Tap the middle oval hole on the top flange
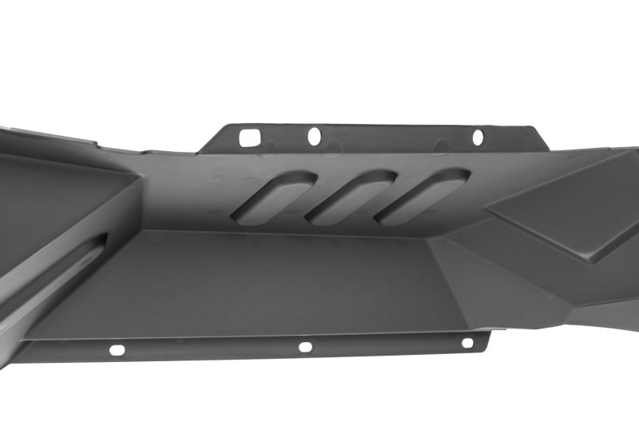(x=314, y=136)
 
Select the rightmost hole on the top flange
(x=478, y=137)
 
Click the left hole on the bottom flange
(x=117, y=349)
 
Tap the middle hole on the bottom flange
(x=304, y=347)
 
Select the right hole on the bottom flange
(x=467, y=343)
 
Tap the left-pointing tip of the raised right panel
(x=489, y=213)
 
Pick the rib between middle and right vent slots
(x=382, y=200)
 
